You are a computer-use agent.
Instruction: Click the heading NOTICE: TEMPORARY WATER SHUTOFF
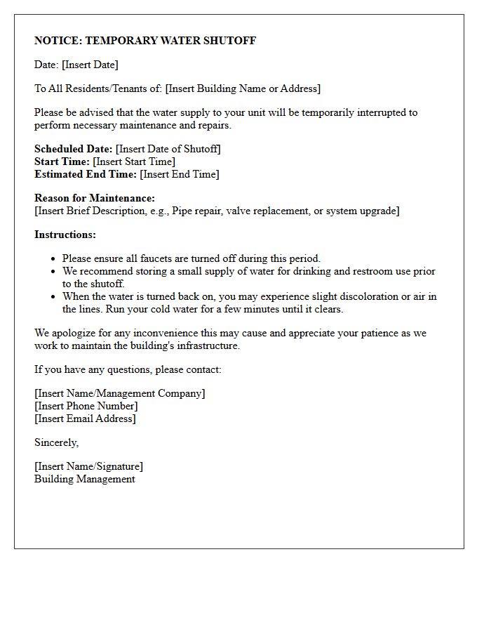click(x=145, y=41)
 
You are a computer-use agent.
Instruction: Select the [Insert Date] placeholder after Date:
click(x=90, y=65)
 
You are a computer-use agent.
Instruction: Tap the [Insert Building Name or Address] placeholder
click(x=243, y=88)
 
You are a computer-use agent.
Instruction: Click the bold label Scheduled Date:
click(x=73, y=149)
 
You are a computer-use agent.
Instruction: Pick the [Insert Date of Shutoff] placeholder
click(x=168, y=149)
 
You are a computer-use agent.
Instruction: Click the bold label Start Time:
click(x=62, y=162)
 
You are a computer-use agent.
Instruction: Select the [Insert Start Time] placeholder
click(x=134, y=162)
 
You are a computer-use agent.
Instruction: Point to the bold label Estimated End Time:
click(x=86, y=174)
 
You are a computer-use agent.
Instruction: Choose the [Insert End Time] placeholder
click(x=180, y=174)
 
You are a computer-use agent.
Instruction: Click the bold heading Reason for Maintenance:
click(x=95, y=198)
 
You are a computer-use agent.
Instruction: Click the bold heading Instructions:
click(x=65, y=235)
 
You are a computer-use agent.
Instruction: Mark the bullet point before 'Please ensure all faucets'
click(x=53, y=259)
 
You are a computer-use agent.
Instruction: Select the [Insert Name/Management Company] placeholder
click(x=120, y=393)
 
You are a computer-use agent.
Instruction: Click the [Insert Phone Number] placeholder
click(x=86, y=406)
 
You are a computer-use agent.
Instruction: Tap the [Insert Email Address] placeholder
click(x=85, y=419)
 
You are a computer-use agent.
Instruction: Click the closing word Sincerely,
click(x=57, y=442)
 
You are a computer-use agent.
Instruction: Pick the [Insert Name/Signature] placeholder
click(x=88, y=466)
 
